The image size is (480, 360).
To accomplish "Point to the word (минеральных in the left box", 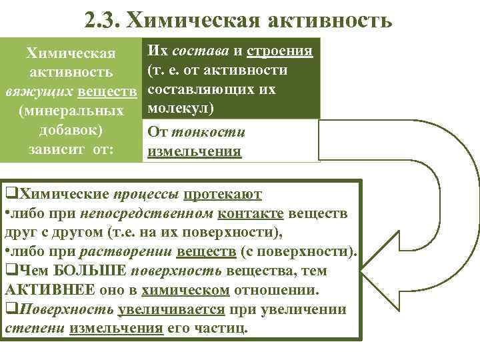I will (71, 109).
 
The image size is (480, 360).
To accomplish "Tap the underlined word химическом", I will (191, 290).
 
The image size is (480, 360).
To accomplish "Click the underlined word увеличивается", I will (172, 309).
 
